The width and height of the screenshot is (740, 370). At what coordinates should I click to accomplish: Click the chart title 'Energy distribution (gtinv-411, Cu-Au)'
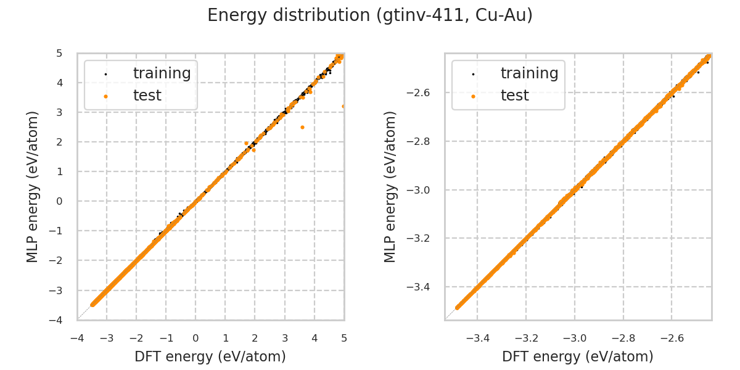pyautogui.click(x=370, y=15)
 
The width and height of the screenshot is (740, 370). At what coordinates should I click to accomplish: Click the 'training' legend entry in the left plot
pyautogui.click(x=162, y=73)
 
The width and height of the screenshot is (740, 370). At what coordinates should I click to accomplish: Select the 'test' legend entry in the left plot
pyautogui.click(x=147, y=96)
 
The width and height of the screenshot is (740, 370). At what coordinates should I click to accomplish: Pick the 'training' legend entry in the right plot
pyautogui.click(x=529, y=73)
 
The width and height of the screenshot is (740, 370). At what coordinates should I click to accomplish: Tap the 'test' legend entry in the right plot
pyautogui.click(x=514, y=96)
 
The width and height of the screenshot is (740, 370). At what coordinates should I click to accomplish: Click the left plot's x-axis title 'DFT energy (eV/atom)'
pyautogui.click(x=210, y=356)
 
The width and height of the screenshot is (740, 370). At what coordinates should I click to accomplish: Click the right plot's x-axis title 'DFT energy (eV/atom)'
pyautogui.click(x=578, y=356)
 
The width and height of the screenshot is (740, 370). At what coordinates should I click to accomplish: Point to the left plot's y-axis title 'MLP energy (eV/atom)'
pyautogui.click(x=33, y=186)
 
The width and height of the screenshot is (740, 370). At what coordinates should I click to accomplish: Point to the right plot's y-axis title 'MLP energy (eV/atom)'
pyautogui.click(x=390, y=186)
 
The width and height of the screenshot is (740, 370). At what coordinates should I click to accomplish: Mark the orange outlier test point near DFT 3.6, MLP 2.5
pyautogui.click(x=302, y=127)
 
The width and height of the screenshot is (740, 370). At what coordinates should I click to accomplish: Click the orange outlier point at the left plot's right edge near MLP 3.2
pyautogui.click(x=343, y=106)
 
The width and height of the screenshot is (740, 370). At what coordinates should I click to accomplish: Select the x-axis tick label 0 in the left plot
pyautogui.click(x=195, y=339)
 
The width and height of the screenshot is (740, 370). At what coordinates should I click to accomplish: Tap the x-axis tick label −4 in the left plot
pyautogui.click(x=77, y=339)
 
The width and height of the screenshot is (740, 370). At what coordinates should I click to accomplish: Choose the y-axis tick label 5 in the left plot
pyautogui.click(x=59, y=53)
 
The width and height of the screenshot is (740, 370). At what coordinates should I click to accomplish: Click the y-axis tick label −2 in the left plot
pyautogui.click(x=57, y=260)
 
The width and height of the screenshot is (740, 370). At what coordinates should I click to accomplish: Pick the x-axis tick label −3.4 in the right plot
pyautogui.click(x=477, y=339)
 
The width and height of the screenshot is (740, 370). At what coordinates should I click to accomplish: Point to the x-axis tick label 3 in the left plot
pyautogui.click(x=285, y=339)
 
